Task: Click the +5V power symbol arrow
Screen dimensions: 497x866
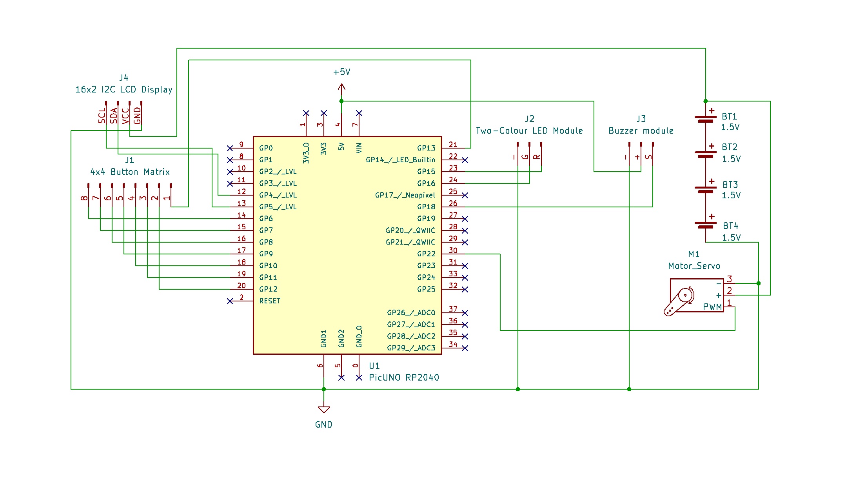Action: [x=341, y=87]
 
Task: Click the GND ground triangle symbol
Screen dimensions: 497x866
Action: [x=324, y=410]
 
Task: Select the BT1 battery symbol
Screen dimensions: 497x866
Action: [x=705, y=119]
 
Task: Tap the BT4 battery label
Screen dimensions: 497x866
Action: [x=730, y=226]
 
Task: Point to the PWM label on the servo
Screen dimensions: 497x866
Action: [x=712, y=307]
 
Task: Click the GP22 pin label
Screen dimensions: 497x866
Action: [x=426, y=254]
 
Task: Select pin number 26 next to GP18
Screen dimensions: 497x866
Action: [x=453, y=203]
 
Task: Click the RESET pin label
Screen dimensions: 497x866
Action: [x=270, y=301]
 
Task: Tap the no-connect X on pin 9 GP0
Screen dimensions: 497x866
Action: [x=230, y=148]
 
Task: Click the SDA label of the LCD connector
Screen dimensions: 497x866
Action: [x=114, y=116]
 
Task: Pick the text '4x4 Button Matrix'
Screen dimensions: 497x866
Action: [x=130, y=172]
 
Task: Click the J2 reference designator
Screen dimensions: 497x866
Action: [x=529, y=119]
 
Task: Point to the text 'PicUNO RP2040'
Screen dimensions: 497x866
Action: [x=404, y=377]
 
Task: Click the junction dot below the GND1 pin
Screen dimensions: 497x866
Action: [x=324, y=389]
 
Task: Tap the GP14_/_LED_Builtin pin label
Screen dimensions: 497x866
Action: [x=400, y=160]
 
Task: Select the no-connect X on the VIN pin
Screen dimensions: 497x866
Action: [x=359, y=113]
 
